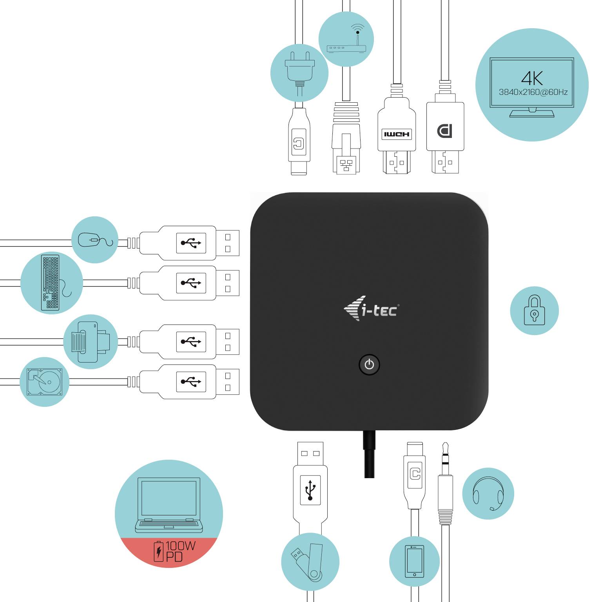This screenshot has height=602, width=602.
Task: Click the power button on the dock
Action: [x=369, y=365]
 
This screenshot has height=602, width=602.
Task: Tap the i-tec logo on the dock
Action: [x=372, y=309]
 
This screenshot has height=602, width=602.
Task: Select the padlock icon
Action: [x=534, y=310]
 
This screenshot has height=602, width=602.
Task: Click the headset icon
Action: [x=488, y=493]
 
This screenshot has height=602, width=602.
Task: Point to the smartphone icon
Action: [x=414, y=561]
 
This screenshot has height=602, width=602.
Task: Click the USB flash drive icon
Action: [x=310, y=562]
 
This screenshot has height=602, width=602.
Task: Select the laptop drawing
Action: [x=169, y=505]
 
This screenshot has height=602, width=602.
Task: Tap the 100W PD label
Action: [x=175, y=551]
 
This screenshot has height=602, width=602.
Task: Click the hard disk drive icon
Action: [x=44, y=382]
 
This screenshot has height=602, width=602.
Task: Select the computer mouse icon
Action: [x=94, y=240]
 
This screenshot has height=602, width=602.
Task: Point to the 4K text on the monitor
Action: [x=532, y=78]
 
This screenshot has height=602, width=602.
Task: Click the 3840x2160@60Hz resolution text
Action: [x=533, y=92]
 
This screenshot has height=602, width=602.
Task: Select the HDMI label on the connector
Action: [x=397, y=134]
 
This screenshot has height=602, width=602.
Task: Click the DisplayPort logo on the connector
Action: [x=445, y=131]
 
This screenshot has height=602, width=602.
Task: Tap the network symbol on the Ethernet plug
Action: [x=346, y=165]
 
